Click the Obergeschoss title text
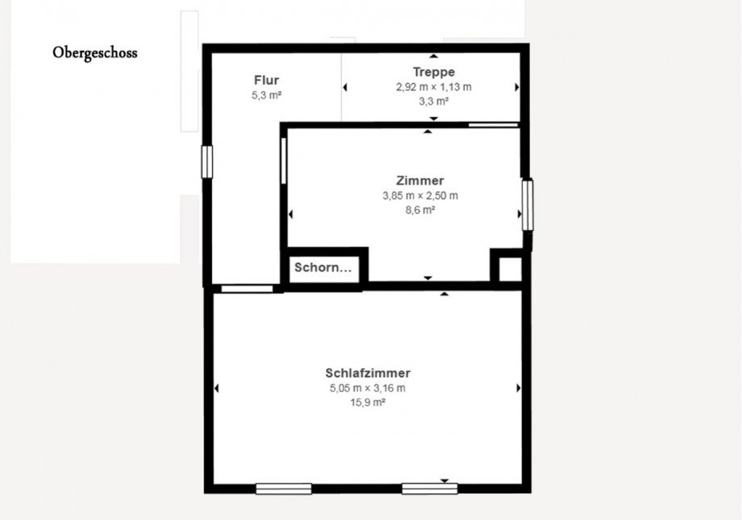coord(95,53)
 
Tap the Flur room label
coord(266,81)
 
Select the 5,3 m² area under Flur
coord(266,95)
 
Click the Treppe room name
coord(433,73)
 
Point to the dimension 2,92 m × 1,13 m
coord(433,87)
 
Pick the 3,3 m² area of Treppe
coord(433,102)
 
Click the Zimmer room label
coord(419,181)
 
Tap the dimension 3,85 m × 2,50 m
coord(419,196)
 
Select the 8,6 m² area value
coord(419,210)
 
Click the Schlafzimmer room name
coord(368,373)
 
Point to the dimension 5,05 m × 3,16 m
coord(368,388)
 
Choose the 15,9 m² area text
coord(368,402)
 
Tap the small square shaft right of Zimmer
coord(510,268)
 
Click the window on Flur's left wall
coord(206,161)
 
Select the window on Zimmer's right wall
coord(527,205)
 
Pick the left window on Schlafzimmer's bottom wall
coord(283,489)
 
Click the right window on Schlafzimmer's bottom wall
coord(430,489)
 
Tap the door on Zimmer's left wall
coord(284,160)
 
